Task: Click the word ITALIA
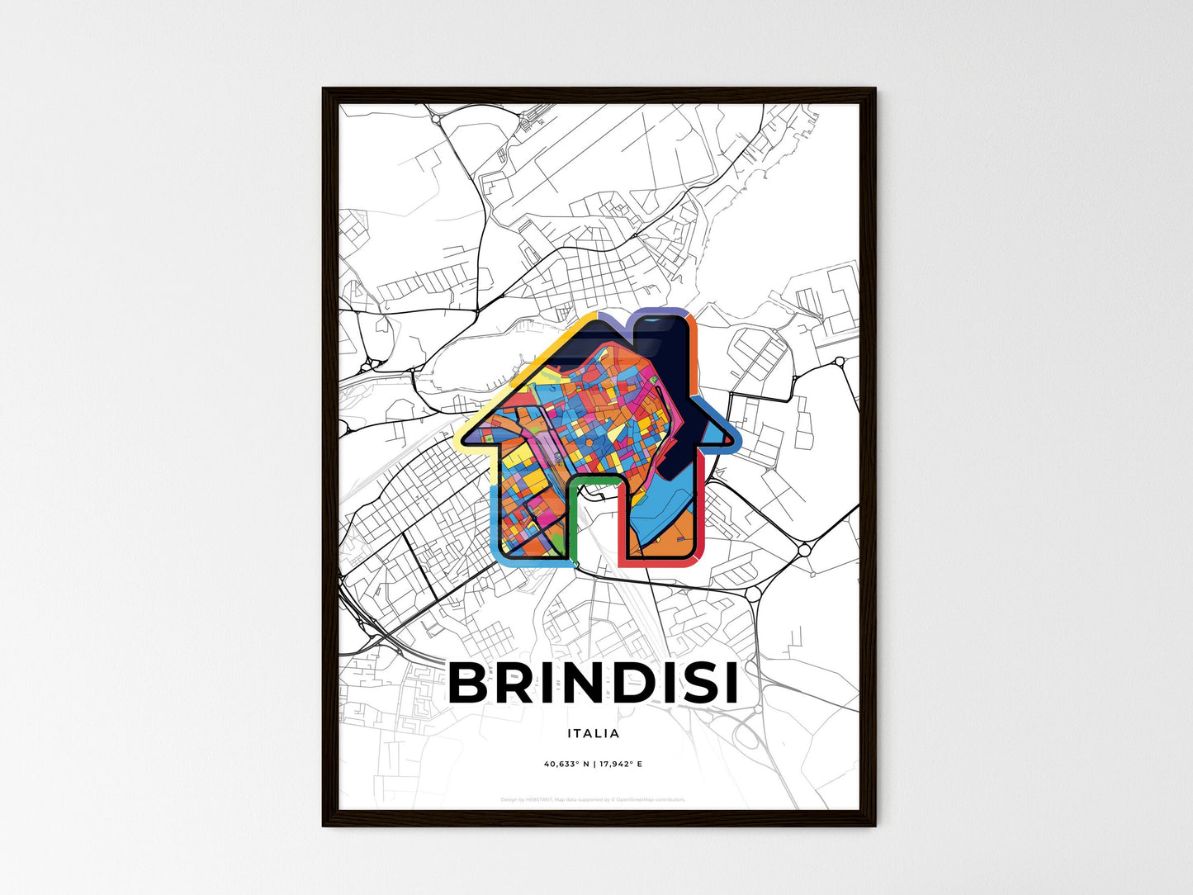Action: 594,733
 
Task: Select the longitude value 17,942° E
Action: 618,764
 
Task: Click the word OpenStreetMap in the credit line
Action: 647,799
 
